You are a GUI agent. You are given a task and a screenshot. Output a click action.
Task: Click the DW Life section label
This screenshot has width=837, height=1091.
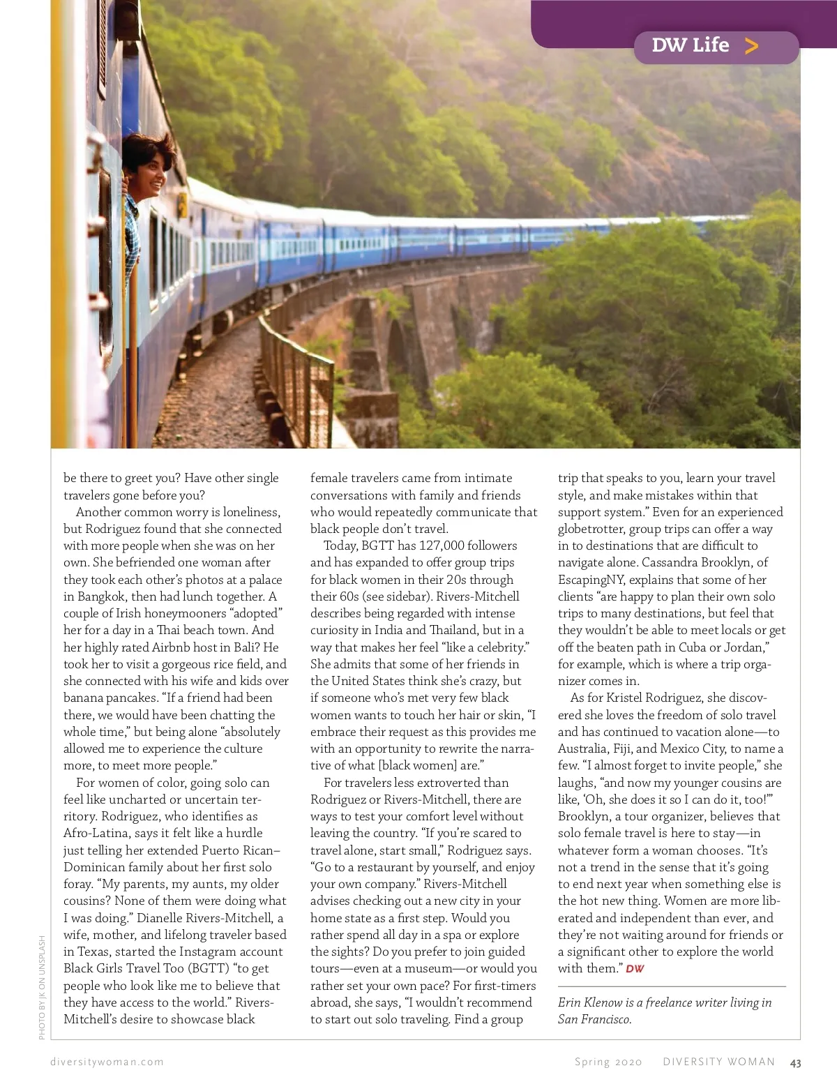tap(690, 46)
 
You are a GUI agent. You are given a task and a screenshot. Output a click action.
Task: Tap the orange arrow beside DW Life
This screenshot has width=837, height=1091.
tap(751, 47)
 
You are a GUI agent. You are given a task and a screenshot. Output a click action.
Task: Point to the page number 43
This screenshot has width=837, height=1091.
tap(795, 1063)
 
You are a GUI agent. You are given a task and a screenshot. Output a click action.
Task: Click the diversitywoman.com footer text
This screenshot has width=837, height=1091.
tap(107, 1062)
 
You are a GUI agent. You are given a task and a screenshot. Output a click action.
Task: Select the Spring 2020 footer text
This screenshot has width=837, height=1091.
tap(608, 1062)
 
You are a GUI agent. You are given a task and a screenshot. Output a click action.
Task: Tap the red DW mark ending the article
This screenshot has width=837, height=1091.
tap(635, 969)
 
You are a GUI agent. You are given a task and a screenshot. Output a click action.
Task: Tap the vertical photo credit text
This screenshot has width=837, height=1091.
tap(42, 987)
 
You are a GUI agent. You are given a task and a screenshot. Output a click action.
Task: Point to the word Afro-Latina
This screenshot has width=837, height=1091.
tap(96, 833)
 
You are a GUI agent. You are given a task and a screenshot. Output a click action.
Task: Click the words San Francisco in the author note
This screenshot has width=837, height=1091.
tap(594, 1019)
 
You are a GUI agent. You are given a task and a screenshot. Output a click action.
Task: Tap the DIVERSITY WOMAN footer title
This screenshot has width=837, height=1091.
tap(718, 1062)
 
